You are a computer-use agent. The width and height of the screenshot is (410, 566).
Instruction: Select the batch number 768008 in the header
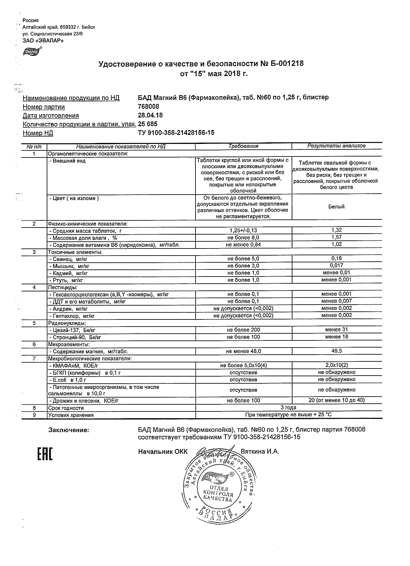(148, 106)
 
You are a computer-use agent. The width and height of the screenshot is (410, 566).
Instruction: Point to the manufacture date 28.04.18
(150, 115)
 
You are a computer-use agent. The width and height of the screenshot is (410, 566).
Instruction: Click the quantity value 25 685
(148, 124)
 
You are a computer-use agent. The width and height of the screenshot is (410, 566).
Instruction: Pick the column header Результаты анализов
(336, 146)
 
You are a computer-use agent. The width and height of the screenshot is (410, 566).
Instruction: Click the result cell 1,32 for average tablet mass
(336, 230)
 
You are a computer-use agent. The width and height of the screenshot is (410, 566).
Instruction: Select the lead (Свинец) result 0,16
(336, 258)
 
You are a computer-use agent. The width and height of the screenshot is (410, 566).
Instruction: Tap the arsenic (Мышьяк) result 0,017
(336, 266)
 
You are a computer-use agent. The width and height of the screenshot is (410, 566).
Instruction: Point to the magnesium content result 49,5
(336, 351)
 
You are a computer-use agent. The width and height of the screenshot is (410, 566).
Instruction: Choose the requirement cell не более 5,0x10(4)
(243, 366)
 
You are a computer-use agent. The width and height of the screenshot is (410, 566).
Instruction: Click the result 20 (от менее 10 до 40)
(336, 400)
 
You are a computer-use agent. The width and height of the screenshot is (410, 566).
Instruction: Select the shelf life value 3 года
(289, 408)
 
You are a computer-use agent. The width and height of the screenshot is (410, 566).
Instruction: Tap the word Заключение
(68, 430)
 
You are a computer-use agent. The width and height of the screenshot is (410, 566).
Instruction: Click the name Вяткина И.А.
(260, 451)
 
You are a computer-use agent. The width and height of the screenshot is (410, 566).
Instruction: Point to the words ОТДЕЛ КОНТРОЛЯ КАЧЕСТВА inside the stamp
(218, 493)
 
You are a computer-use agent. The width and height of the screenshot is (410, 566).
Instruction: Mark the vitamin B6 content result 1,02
(336, 244)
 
